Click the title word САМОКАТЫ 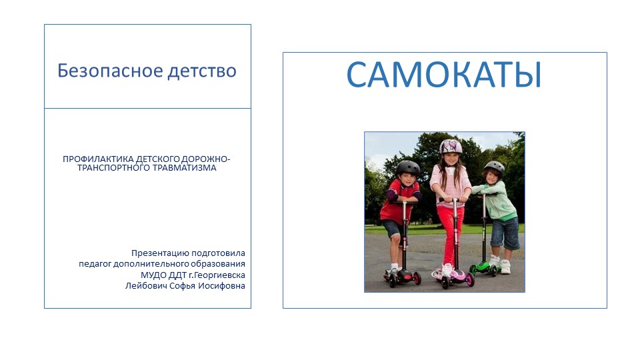pyautogui.click(x=444, y=75)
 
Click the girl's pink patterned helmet pyautogui.click(x=451, y=146)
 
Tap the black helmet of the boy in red pyautogui.click(x=408, y=167)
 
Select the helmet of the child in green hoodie pyautogui.click(x=495, y=166)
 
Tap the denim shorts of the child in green pyautogui.click(x=505, y=232)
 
